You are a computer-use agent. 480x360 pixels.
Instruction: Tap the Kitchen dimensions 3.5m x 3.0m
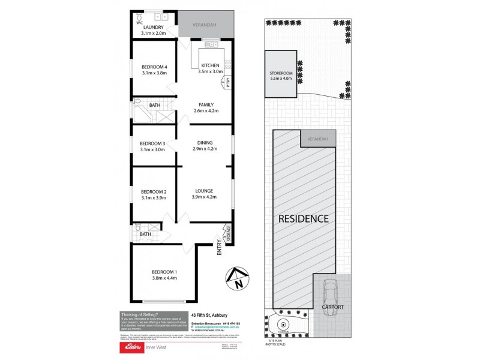(211, 71)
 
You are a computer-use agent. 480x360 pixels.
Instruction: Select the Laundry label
(153, 27)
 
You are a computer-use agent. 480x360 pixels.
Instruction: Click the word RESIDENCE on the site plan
(304, 218)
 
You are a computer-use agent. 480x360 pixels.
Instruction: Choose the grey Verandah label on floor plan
(205, 26)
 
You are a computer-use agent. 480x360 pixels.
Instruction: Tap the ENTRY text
(220, 248)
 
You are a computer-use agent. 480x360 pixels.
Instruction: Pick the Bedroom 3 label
(152, 143)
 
